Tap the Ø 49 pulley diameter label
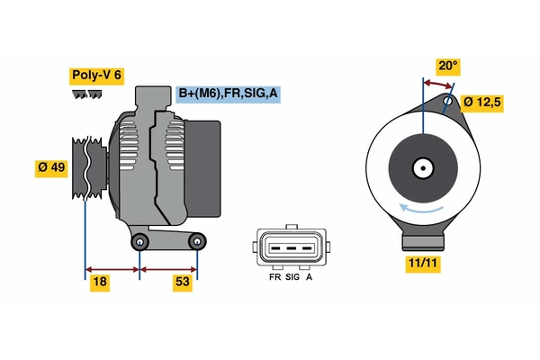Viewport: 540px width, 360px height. [x=53, y=168]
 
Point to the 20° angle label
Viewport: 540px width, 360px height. [x=447, y=66]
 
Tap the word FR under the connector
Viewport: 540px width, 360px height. [x=274, y=279]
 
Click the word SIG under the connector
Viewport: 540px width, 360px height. [x=292, y=279]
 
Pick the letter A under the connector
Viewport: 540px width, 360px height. [x=310, y=279]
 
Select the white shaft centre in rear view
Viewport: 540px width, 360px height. [x=421, y=167]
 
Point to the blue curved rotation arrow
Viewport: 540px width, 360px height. [x=421, y=209]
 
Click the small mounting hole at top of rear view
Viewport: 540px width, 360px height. [x=449, y=102]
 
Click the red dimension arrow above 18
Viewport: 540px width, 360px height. [x=112, y=267]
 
